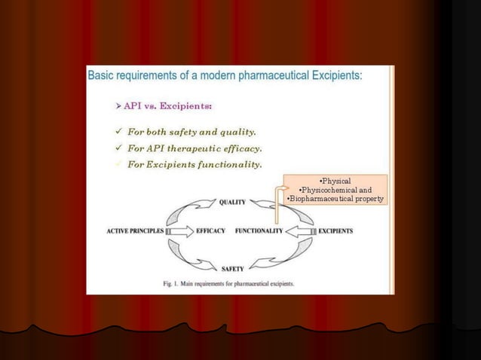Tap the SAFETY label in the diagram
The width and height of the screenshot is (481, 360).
(x=231, y=268)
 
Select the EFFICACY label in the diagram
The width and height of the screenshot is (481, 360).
(x=210, y=231)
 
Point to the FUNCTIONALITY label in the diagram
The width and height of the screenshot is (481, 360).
(x=259, y=231)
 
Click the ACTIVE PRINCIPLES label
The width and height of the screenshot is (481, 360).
(x=135, y=231)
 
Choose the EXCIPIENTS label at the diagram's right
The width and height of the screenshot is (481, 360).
(x=335, y=231)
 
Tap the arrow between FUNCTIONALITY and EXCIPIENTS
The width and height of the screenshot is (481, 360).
(x=301, y=231)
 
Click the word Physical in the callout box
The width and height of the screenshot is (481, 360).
(x=335, y=182)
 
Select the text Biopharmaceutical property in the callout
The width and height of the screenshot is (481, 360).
(x=336, y=199)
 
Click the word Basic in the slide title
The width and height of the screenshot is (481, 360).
(x=103, y=75)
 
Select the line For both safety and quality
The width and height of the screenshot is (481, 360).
(x=191, y=132)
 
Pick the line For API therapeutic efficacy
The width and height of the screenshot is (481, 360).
(x=195, y=148)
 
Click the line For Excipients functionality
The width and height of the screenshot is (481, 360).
(x=195, y=164)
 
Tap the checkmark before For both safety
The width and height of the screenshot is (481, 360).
(x=118, y=132)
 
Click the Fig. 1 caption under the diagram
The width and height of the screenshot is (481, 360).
(x=228, y=284)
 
